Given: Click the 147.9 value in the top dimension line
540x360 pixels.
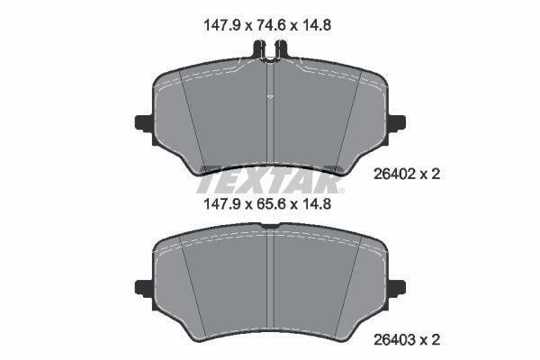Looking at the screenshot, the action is point(221,25).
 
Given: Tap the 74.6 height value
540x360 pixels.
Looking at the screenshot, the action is point(269,25).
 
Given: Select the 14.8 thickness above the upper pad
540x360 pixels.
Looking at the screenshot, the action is point(316,25).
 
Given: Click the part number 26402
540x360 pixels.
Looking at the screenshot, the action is point(395,175).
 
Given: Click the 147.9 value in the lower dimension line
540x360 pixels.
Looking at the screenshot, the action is point(221,204).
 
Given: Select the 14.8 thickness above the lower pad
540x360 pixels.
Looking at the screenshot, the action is point(316,204).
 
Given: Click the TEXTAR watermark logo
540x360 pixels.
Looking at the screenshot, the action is point(270,180).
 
